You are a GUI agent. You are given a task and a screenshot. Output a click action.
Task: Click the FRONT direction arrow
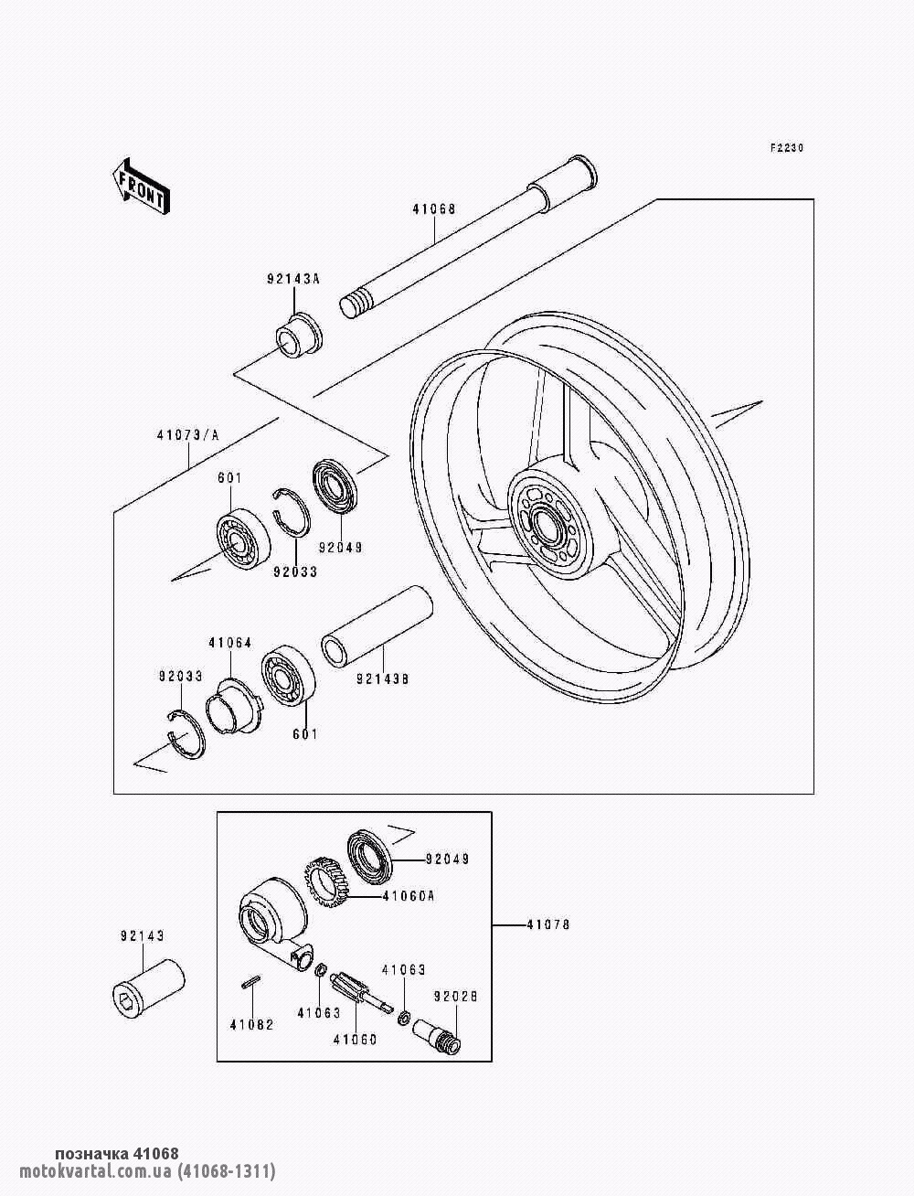coord(141,187)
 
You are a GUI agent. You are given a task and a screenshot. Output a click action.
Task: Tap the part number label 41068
coord(434,208)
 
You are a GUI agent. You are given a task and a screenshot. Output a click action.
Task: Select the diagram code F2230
coord(787,147)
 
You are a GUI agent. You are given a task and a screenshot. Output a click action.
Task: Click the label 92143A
coord(293,279)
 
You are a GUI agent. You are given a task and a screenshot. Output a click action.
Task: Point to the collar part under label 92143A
coord(300,336)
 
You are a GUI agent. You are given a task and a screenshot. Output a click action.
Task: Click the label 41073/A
coord(188,435)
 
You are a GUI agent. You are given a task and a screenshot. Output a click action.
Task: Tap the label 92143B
coord(383,678)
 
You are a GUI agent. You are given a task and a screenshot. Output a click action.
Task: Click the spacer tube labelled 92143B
coord(377,626)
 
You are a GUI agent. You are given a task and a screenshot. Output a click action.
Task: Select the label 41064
coord(229,643)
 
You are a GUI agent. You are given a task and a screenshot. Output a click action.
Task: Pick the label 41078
coord(548,924)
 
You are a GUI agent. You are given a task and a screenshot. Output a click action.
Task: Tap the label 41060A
coord(408,895)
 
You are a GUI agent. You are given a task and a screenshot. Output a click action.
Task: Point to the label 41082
coord(251,1025)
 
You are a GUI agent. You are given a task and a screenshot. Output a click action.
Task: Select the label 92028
coord(455,996)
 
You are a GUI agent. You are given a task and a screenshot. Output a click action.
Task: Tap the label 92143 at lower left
coord(143,935)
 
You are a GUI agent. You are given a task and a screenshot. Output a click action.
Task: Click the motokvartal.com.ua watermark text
coord(147,1170)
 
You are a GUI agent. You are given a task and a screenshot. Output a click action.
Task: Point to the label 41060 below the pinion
coord(356,1040)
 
